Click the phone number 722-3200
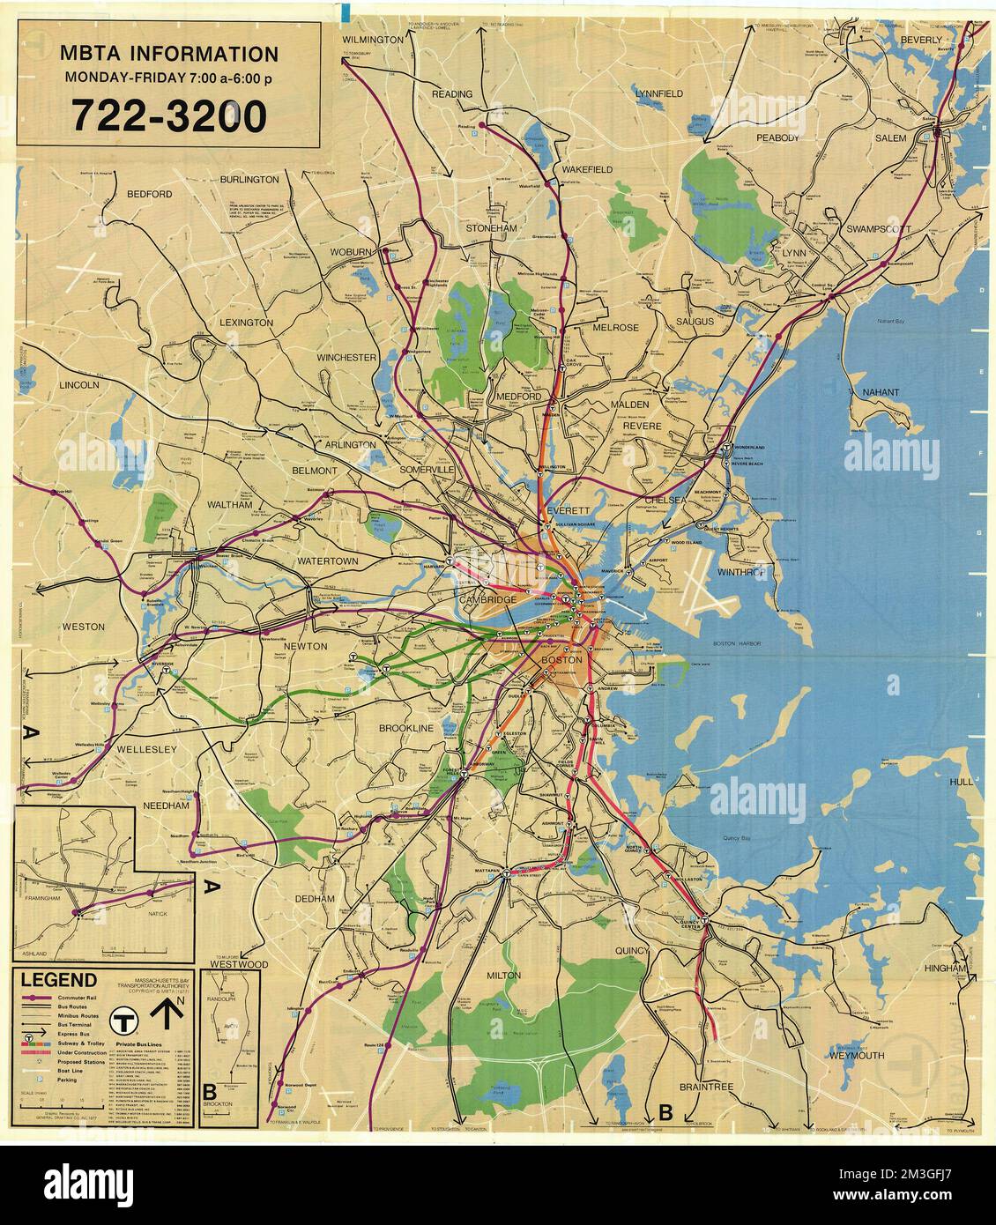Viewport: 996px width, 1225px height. (x=167, y=115)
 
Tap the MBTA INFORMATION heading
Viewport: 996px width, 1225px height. (x=168, y=54)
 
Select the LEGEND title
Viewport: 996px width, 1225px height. (x=59, y=980)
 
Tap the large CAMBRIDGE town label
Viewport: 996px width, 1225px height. (x=486, y=600)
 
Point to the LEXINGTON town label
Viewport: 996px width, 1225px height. (x=247, y=323)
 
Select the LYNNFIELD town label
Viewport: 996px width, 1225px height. (x=660, y=93)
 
